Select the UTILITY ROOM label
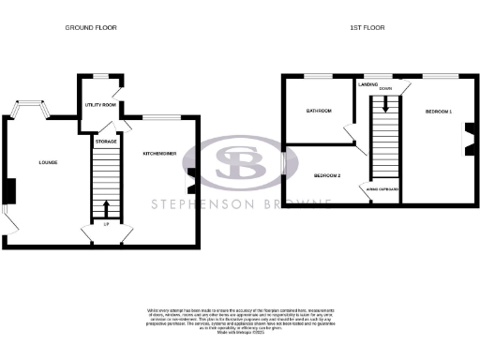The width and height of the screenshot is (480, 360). [100, 105]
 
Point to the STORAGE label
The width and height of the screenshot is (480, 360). [106, 142]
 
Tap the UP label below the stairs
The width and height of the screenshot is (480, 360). [106, 224]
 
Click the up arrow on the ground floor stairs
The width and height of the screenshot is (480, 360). [106, 207]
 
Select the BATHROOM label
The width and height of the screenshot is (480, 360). [320, 111]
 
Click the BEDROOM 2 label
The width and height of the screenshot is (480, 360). [326, 175]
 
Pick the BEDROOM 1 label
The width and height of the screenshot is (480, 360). [438, 112]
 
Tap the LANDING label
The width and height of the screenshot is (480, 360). [367, 84]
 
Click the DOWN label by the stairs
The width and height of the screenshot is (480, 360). [386, 91]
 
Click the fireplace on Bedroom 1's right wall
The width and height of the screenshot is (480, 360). [466, 140]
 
